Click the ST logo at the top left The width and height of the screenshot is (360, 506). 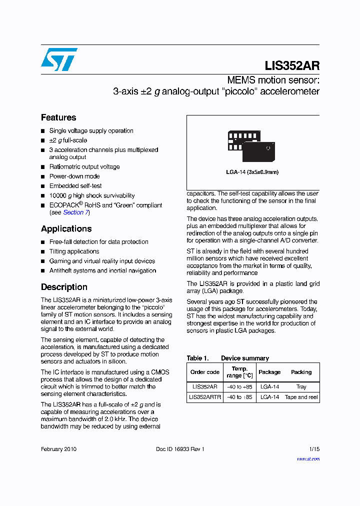click(x=59, y=59)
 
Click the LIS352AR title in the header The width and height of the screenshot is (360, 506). click(x=292, y=66)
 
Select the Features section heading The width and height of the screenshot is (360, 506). click(x=58, y=117)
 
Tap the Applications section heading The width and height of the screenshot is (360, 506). click(x=66, y=228)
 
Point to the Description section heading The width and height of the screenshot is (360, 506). click(x=64, y=287)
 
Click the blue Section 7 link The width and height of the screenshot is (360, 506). click(x=75, y=212)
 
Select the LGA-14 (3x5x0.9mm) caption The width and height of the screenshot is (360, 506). click(x=252, y=172)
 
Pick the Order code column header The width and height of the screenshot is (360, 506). click(x=205, y=372)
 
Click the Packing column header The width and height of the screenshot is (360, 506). click(x=301, y=372)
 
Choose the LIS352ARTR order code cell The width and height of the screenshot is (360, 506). click(x=205, y=397)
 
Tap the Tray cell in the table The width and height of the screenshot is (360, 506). click(x=301, y=386)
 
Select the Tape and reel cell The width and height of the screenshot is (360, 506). click(x=301, y=397)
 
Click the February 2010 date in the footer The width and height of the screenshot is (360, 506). click(x=58, y=449)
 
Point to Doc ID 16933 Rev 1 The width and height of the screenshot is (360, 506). click(x=180, y=449)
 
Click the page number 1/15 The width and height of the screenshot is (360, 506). click(x=314, y=449)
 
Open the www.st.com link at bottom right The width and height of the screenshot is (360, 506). click(x=308, y=458)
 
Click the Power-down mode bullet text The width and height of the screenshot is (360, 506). click(x=74, y=176)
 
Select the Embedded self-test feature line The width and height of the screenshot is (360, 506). click(x=75, y=186)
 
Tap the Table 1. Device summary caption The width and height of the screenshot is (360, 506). click(x=227, y=358)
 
